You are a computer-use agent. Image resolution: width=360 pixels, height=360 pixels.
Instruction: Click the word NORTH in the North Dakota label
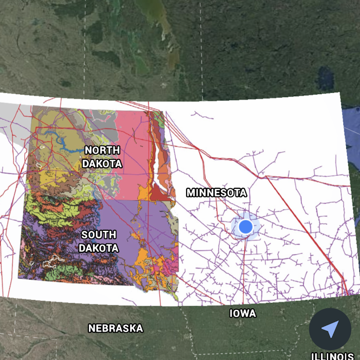102,150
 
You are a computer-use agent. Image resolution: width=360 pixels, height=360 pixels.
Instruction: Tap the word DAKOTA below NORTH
102,164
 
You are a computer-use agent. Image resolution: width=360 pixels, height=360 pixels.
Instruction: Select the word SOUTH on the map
99,235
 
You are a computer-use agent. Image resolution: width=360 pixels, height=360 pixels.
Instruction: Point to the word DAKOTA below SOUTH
99,248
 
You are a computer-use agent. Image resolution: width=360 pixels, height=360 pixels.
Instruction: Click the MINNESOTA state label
216,193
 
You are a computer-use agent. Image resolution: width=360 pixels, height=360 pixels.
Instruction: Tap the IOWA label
243,314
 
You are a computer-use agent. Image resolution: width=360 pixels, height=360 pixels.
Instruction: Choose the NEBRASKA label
116,328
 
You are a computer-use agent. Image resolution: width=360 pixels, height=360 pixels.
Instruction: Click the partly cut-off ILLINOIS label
333,356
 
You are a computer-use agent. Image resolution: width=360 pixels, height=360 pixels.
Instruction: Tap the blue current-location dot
245,226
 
